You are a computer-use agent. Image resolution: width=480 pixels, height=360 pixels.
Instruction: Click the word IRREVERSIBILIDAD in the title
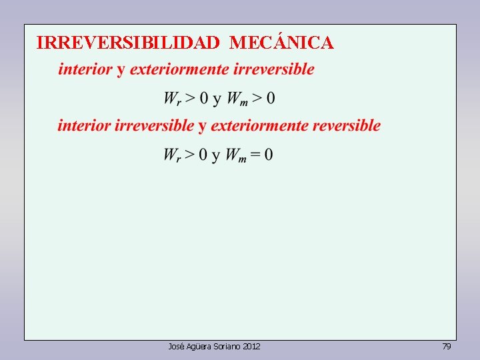pos(128,43)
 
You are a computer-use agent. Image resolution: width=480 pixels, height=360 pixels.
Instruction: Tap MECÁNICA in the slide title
pos(281,43)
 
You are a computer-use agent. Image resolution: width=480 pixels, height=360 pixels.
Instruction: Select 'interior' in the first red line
pos(85,69)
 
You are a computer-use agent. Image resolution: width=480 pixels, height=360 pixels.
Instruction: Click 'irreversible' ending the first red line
pos(274,69)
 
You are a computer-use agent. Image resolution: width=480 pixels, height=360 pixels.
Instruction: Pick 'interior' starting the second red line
pos(85,125)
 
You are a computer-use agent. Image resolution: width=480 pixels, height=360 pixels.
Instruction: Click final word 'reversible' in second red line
pos(347,125)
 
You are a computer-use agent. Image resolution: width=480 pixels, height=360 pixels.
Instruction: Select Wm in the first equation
pos(237,99)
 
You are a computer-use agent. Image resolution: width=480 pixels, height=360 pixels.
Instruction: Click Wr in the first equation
pos(172,99)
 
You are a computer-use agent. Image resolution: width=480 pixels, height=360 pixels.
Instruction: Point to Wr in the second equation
pos(172,155)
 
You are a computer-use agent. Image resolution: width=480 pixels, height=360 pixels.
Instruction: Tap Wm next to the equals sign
pos(236,155)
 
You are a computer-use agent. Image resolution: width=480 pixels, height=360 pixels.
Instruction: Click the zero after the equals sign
pos(268,155)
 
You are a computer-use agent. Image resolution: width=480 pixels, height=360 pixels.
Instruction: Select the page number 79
pos(447,346)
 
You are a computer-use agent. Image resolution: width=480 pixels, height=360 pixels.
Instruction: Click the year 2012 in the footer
pos(252,346)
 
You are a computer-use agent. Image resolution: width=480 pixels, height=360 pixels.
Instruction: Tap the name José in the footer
pos(176,346)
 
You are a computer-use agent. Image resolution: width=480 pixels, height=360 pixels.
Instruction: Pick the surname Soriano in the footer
pos(227,346)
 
